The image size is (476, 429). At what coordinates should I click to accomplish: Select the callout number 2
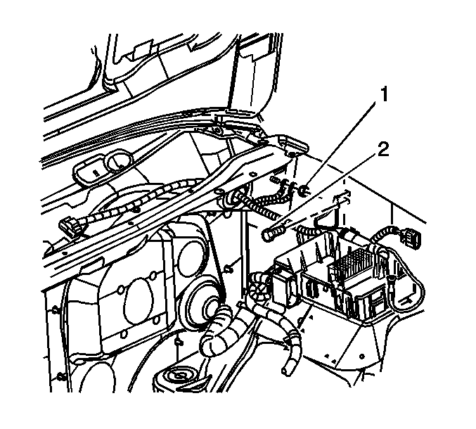coord(382,150)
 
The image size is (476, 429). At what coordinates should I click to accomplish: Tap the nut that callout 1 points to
coord(304,191)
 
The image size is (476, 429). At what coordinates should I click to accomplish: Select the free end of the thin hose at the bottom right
coord(285,370)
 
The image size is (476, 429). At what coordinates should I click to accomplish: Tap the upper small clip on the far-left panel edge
coord(56,311)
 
